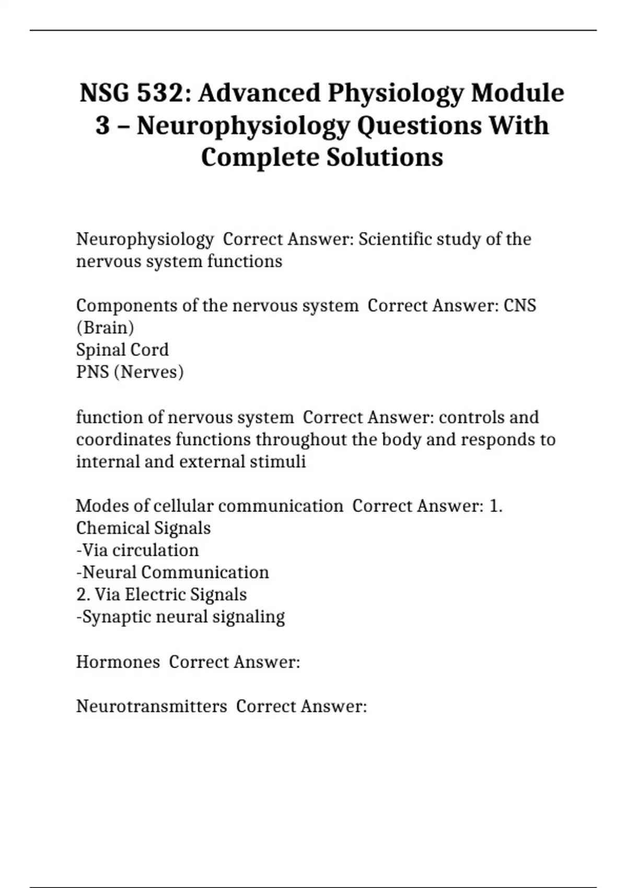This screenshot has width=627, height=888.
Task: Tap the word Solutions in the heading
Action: [385, 157]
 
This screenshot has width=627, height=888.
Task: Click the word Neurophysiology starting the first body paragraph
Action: [145, 239]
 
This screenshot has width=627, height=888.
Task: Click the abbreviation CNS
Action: [519, 306]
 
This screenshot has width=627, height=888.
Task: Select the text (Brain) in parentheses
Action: [105, 328]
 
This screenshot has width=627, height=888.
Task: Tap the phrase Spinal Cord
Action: [122, 350]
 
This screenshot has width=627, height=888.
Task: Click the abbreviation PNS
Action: [92, 372]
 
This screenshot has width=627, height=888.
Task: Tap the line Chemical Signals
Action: [143, 528]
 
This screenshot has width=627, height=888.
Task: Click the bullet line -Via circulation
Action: [137, 550]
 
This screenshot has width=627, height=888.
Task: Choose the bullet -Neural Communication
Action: [172, 572]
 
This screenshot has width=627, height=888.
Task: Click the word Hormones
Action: [118, 662]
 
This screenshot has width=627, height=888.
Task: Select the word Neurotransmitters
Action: [152, 706]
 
